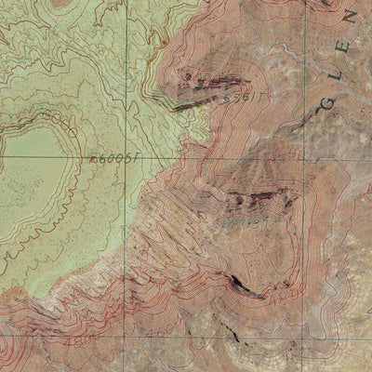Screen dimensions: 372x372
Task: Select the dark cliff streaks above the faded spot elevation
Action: tap(260, 196)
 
